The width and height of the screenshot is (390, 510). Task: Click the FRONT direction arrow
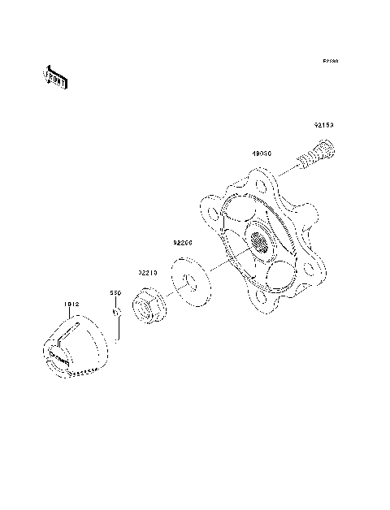[55, 77]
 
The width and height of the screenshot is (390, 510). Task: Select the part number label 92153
[325, 126]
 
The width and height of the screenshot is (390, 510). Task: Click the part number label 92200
[181, 242]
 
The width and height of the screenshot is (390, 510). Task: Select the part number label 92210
[147, 274]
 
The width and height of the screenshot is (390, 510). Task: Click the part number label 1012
[71, 305]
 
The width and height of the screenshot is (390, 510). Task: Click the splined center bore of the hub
[259, 241]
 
